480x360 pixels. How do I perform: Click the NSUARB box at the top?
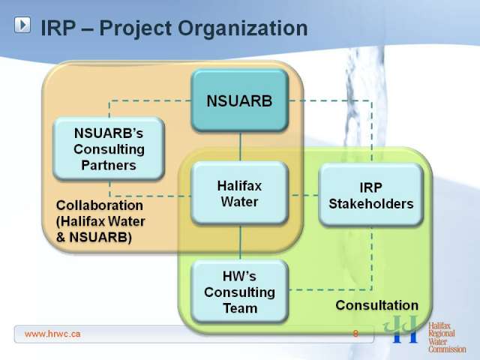tap(240, 100)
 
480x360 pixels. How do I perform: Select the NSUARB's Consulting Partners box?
tap(109, 148)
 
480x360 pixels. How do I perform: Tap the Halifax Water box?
tap(240, 193)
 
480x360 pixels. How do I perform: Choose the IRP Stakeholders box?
tap(371, 195)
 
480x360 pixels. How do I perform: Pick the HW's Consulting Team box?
tap(240, 292)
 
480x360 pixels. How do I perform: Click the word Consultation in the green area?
tap(376, 305)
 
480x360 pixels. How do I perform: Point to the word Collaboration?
tap(100, 205)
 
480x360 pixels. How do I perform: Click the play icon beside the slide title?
tap(22, 25)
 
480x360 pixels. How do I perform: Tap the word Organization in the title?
tap(242, 28)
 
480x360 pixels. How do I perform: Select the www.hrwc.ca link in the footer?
tap(52, 334)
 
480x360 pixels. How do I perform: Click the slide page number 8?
tap(355, 333)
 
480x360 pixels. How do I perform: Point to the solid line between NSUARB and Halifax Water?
tap(240, 147)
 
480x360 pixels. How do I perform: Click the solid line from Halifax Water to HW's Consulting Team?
tap(240, 243)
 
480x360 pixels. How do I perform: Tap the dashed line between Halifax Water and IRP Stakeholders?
tap(303, 195)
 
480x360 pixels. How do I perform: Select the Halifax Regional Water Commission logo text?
tap(447, 337)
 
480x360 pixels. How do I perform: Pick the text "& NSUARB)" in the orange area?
tap(94, 237)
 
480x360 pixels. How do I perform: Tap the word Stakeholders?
tap(371, 203)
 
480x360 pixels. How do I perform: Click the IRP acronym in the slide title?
tap(58, 28)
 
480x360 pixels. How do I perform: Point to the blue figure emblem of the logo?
tap(400, 329)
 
